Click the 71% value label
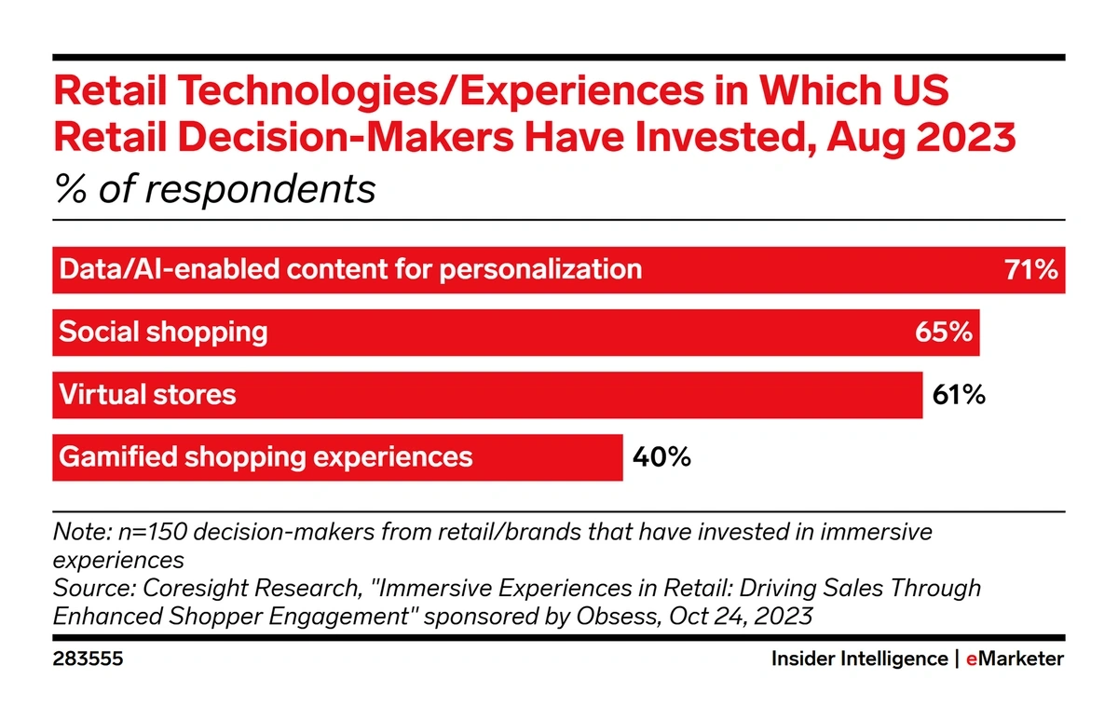[1030, 271]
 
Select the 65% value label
[945, 333]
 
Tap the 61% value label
[959, 395]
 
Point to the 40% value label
[661, 457]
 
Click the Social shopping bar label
[163, 333]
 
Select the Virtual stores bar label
[147, 395]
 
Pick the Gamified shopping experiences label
[266, 457]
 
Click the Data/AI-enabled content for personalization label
[350, 270]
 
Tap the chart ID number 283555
[88, 659]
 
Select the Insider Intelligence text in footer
[858, 659]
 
